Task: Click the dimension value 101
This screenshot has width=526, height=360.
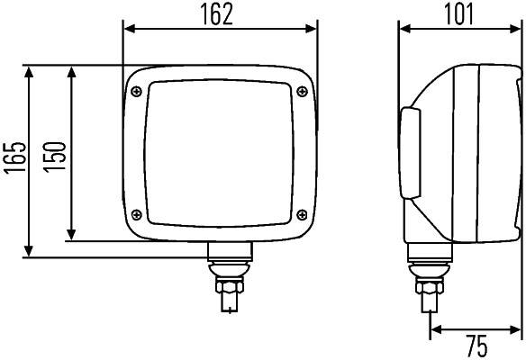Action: [460, 13]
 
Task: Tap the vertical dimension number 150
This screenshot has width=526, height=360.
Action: [55, 154]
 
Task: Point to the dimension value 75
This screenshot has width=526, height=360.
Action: [477, 346]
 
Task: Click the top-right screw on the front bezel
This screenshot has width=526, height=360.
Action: [301, 88]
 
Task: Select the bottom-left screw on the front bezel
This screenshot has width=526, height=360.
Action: [137, 213]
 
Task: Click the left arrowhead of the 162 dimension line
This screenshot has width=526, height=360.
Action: [128, 29]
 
